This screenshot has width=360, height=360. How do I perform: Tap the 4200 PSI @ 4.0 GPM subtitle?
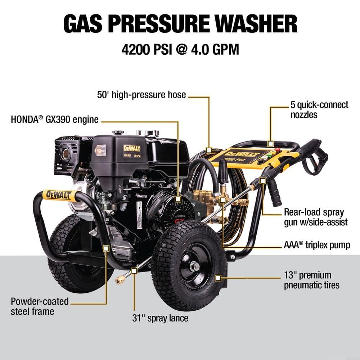[x=180, y=49]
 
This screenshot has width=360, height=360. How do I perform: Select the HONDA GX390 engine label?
[x=55, y=120]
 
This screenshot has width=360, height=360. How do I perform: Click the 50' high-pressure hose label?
[x=141, y=95]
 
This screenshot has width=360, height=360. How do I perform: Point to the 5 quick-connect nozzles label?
[x=319, y=110]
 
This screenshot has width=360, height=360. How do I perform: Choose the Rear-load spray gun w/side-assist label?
[x=316, y=217]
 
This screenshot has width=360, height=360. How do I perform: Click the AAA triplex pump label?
[x=317, y=245]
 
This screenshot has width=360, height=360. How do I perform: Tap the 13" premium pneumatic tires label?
[x=311, y=280]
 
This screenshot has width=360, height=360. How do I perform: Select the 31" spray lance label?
[x=160, y=318]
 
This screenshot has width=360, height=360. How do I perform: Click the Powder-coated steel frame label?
[x=40, y=306]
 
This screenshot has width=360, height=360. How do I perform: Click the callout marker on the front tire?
[x=218, y=278]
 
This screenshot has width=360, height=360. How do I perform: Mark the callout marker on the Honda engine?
[x=178, y=199]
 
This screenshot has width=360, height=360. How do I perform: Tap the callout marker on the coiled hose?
[x=209, y=150]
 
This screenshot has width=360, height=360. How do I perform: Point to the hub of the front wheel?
[x=195, y=266]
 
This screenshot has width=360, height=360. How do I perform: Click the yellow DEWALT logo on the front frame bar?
[x=58, y=195]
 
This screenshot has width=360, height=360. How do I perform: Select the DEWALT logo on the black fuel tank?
[x=132, y=148]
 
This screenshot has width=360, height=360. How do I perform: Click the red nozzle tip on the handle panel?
[x=277, y=150]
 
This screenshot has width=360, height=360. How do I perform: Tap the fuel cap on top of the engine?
[x=118, y=132]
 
